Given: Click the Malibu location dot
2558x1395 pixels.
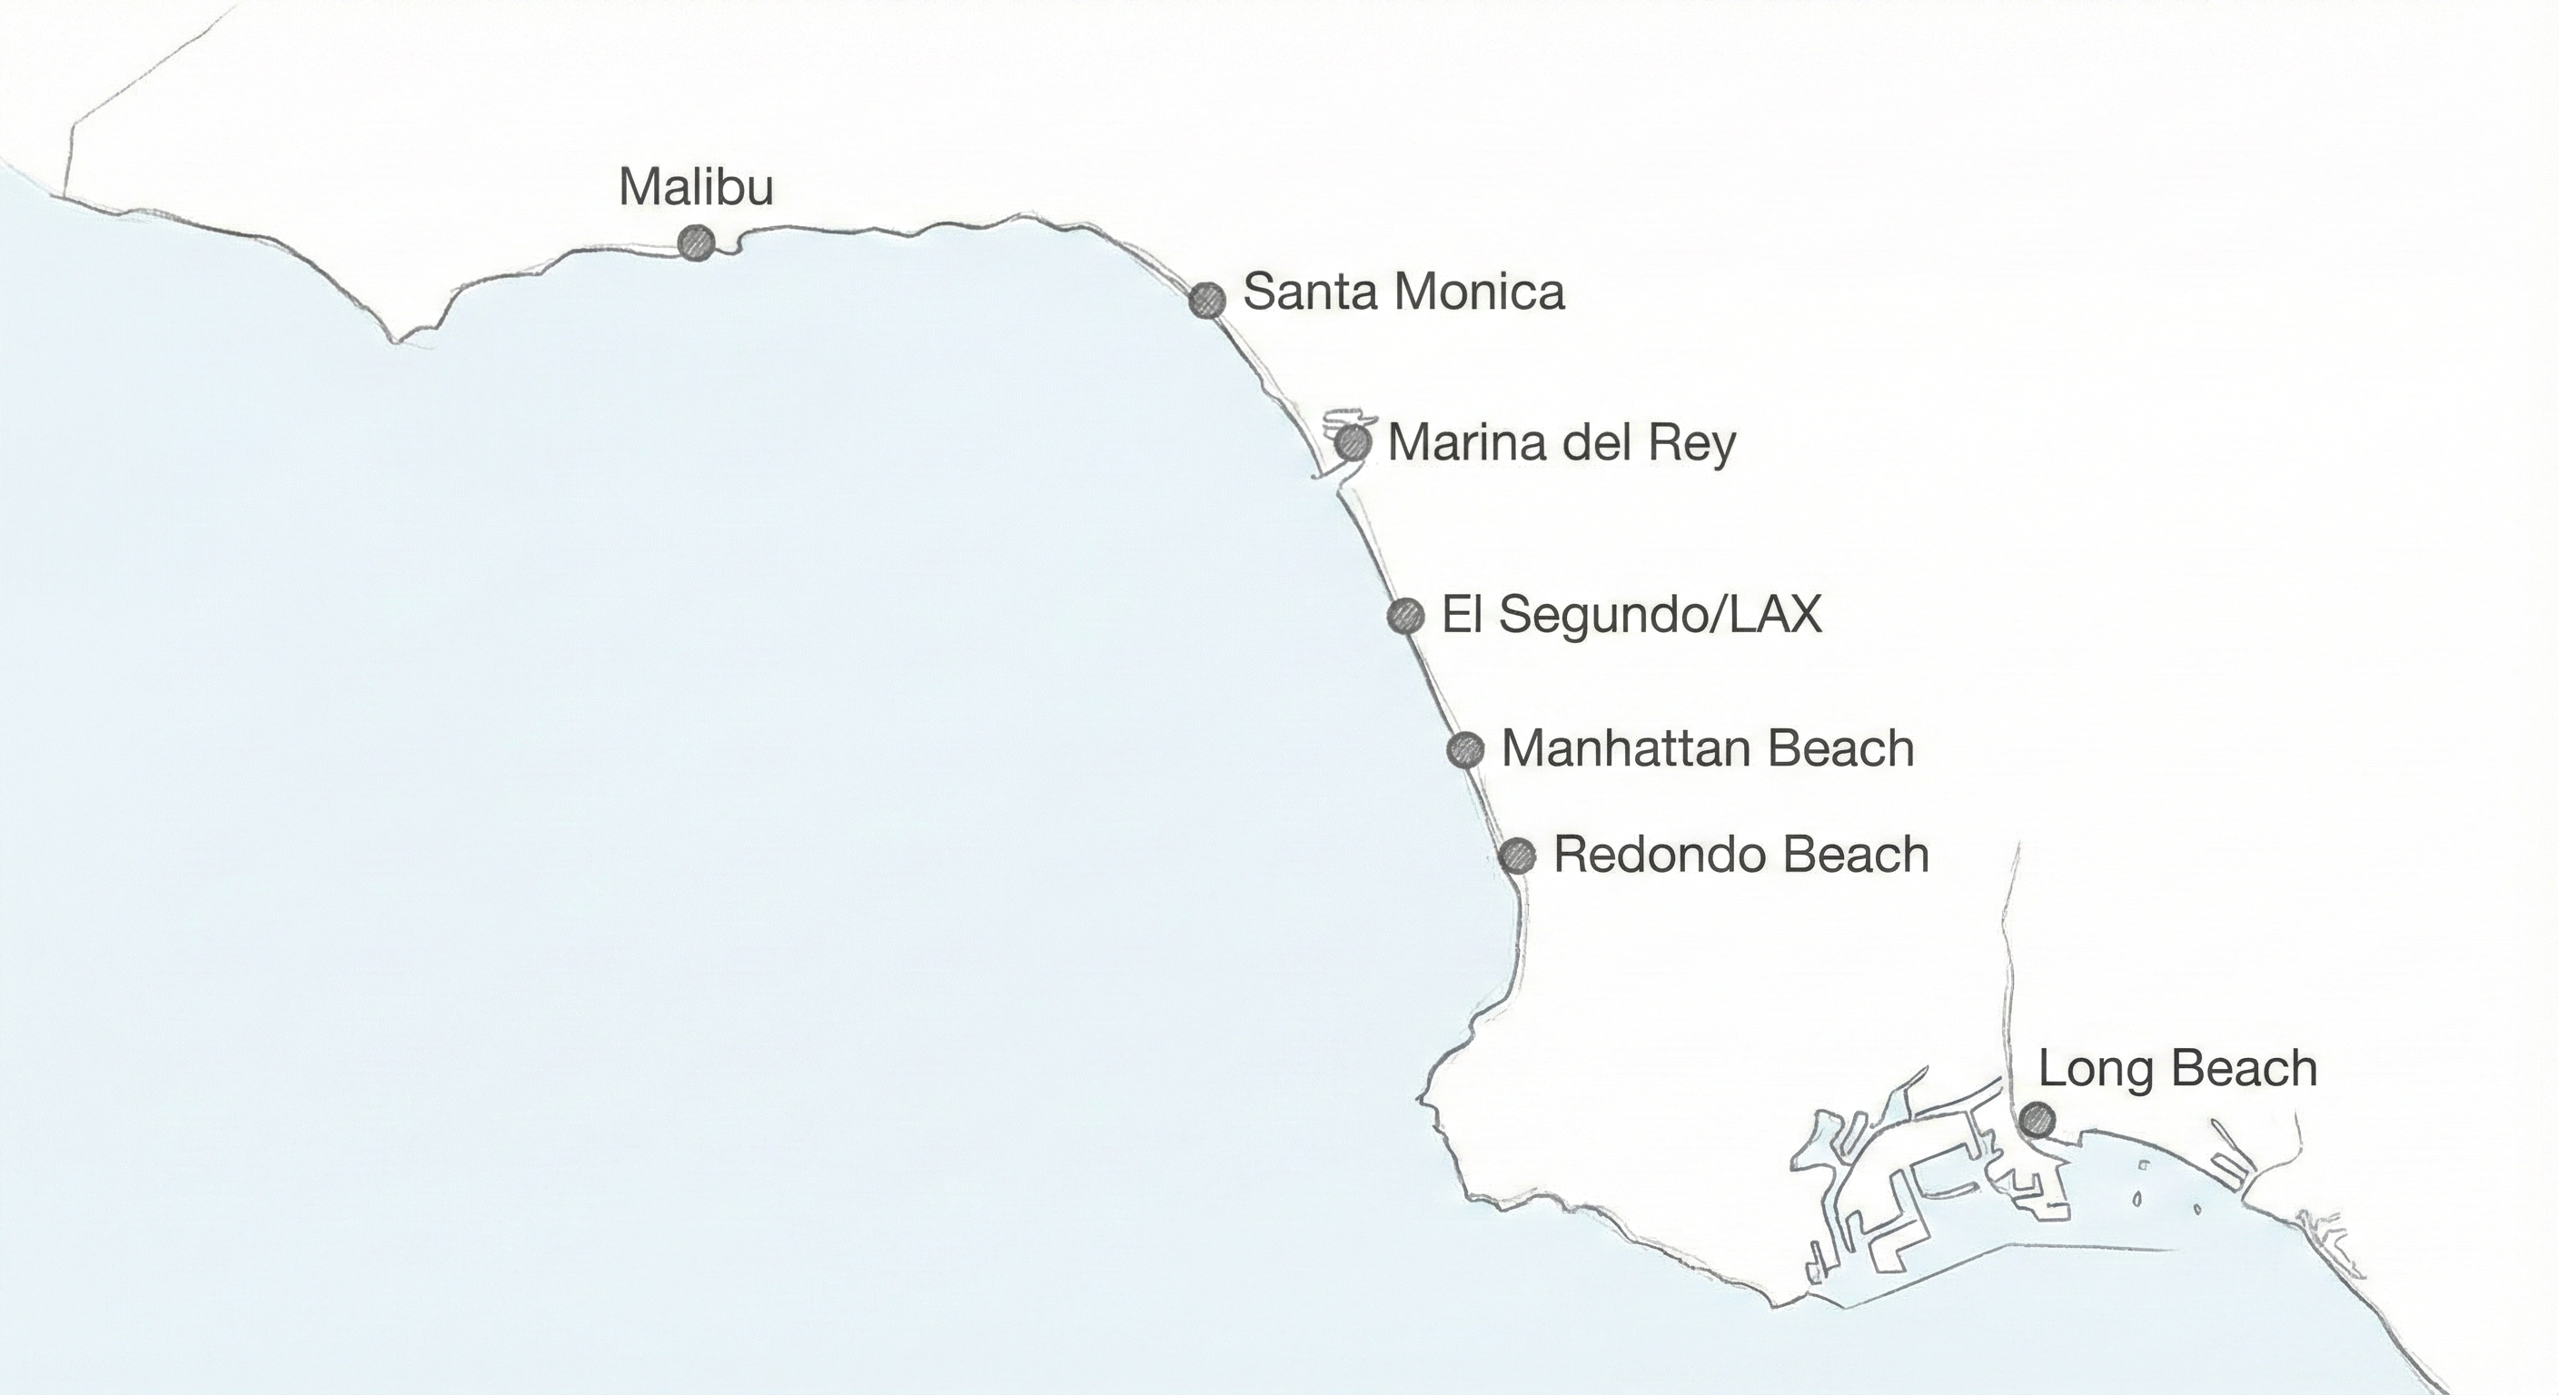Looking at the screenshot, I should point(696,242).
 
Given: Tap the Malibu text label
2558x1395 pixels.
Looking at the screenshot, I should point(695,187).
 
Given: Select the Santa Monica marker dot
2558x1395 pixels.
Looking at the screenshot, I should point(1207,299).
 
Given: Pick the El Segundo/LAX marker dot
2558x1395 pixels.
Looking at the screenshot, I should point(1405,616).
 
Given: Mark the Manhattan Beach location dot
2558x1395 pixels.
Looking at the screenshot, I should point(1464,749).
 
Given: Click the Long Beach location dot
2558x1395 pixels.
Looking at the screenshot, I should point(2037,1120).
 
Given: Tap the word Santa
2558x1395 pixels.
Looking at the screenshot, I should point(1307,292).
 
